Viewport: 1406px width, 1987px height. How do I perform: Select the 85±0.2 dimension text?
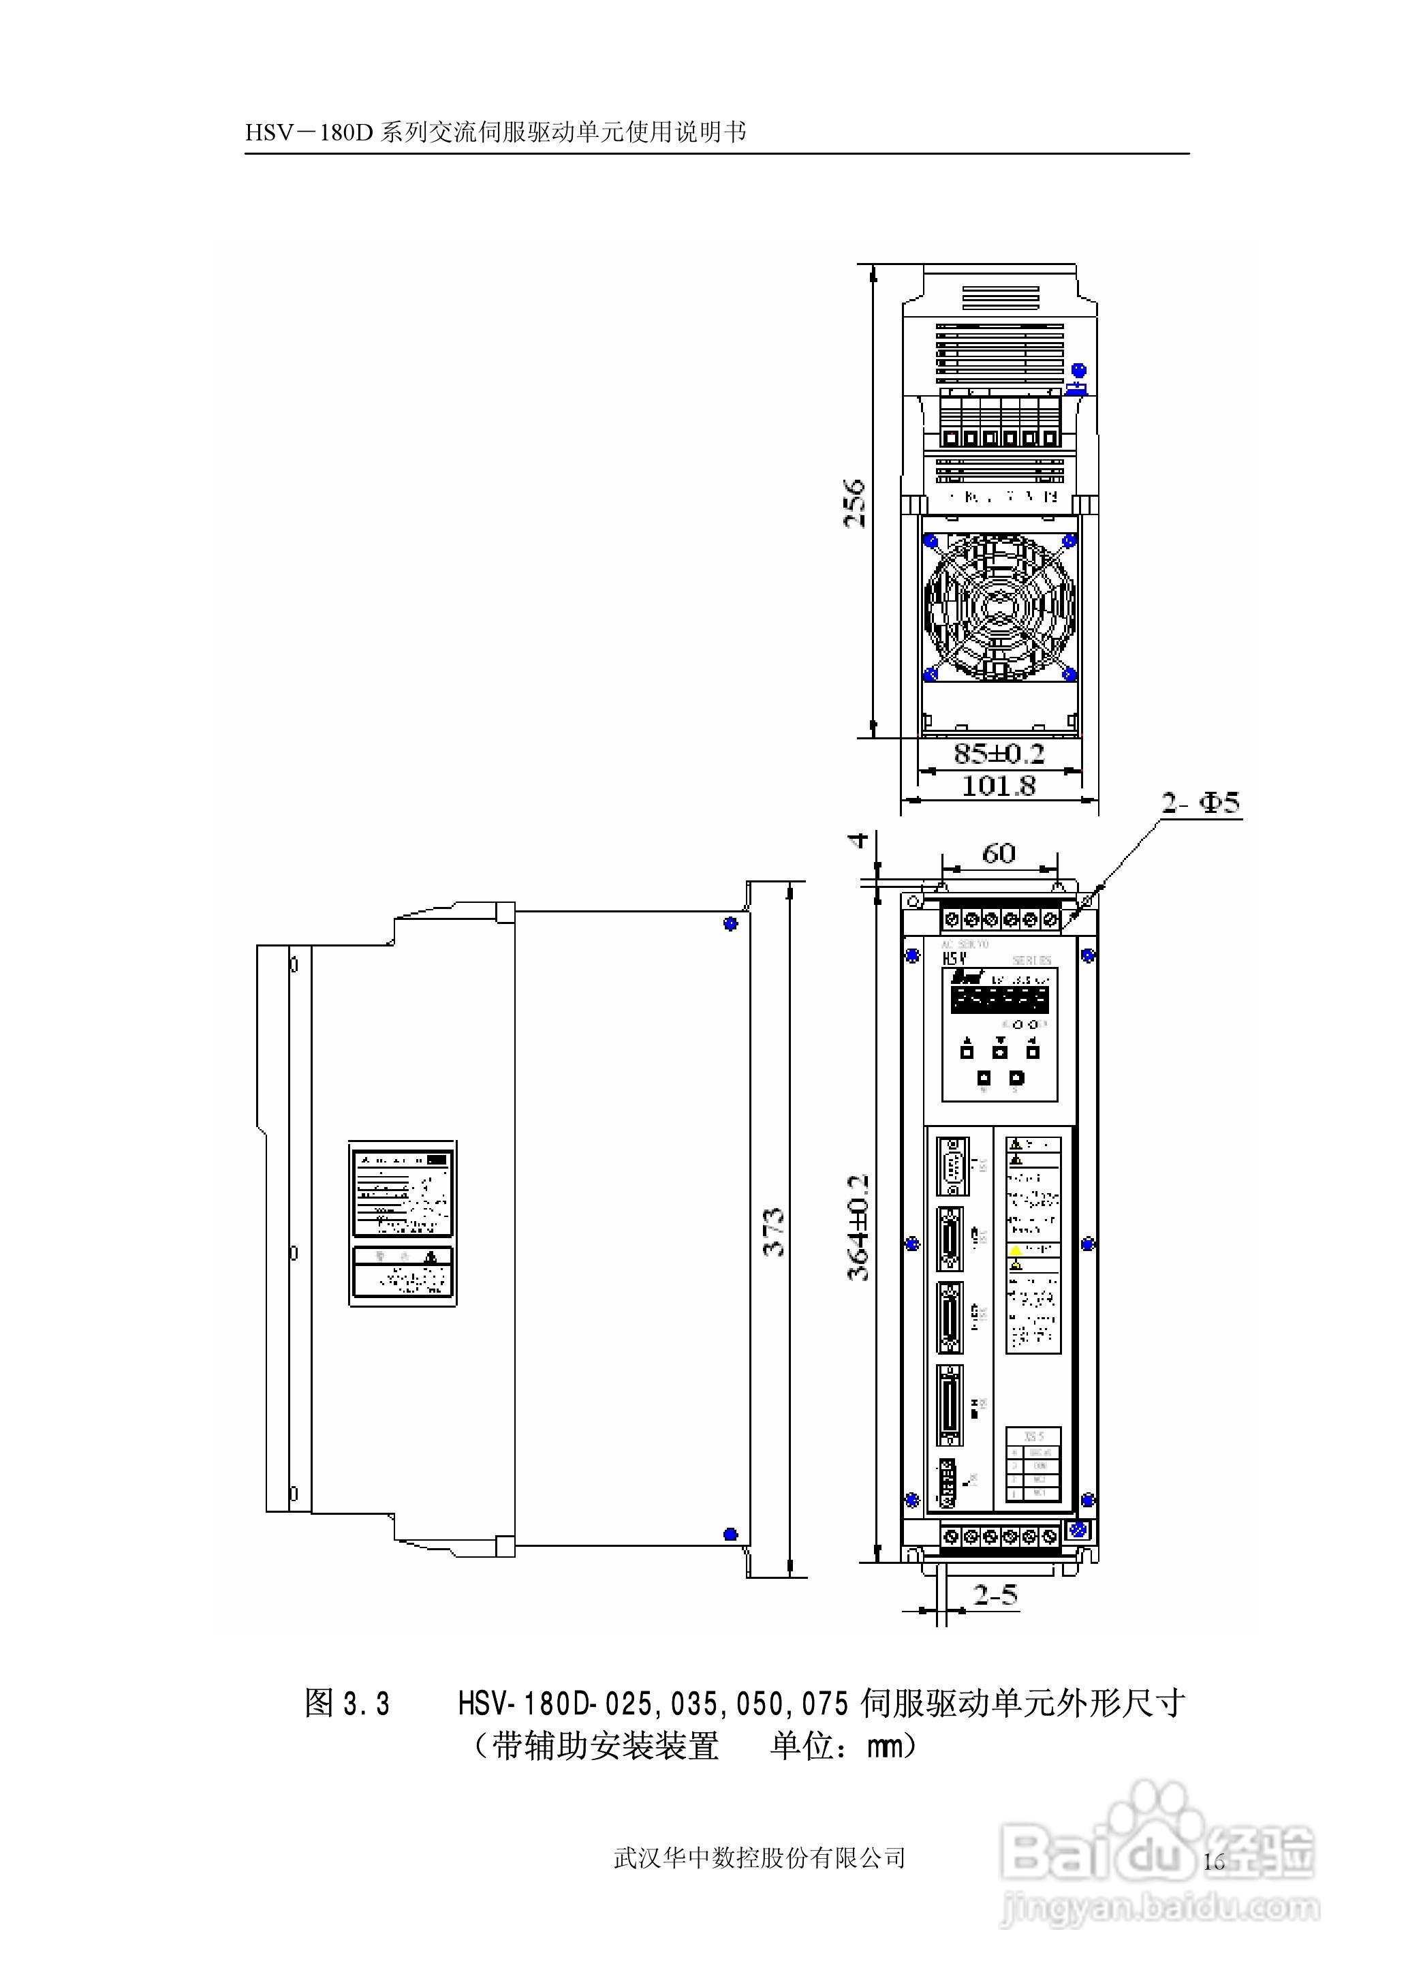[x=999, y=753]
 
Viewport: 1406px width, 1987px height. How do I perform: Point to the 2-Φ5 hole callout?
[x=1200, y=803]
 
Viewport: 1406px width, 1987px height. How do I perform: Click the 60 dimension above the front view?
[x=998, y=854]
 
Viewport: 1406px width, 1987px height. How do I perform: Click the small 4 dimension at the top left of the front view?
[x=858, y=839]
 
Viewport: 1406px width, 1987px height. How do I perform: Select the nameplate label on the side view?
[x=403, y=1191]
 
